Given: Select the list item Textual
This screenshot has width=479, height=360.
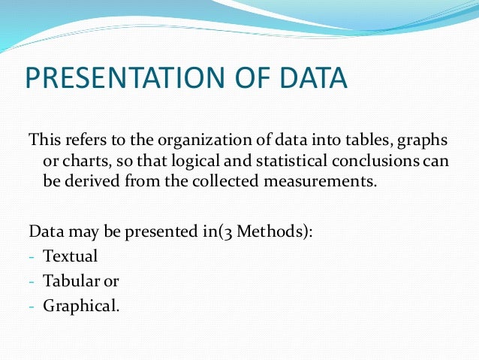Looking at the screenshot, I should click(71, 256).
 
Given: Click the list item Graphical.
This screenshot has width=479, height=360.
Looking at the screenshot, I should click(81, 306).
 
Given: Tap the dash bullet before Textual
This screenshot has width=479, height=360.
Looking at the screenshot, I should click(32, 257).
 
